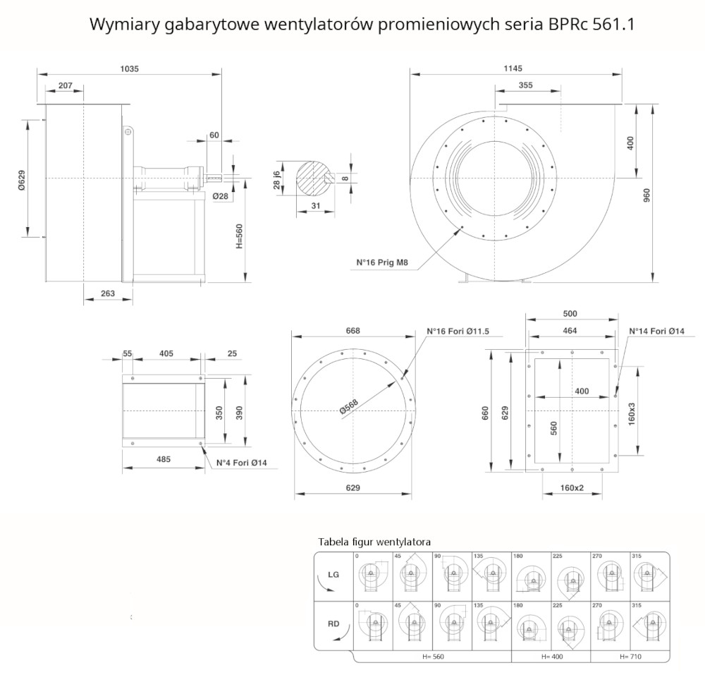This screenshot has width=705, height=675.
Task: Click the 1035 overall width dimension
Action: tap(130, 69)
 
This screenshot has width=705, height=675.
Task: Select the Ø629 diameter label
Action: tap(21, 179)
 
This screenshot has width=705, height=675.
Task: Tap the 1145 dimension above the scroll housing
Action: tap(513, 68)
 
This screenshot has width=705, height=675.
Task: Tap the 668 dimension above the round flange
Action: tap(353, 331)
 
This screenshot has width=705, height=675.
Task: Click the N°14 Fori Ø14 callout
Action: tap(656, 330)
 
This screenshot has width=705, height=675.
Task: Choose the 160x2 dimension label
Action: tap(572, 487)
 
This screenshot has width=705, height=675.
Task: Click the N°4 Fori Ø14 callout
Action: tap(236, 463)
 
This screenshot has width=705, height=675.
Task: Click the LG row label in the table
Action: tap(333, 575)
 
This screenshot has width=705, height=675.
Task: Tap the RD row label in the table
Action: tap(333, 624)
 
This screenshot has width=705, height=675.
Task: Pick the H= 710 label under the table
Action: tap(631, 657)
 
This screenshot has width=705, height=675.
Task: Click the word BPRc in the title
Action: tap(567, 25)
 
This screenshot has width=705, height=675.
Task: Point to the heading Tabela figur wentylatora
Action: tap(374, 542)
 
